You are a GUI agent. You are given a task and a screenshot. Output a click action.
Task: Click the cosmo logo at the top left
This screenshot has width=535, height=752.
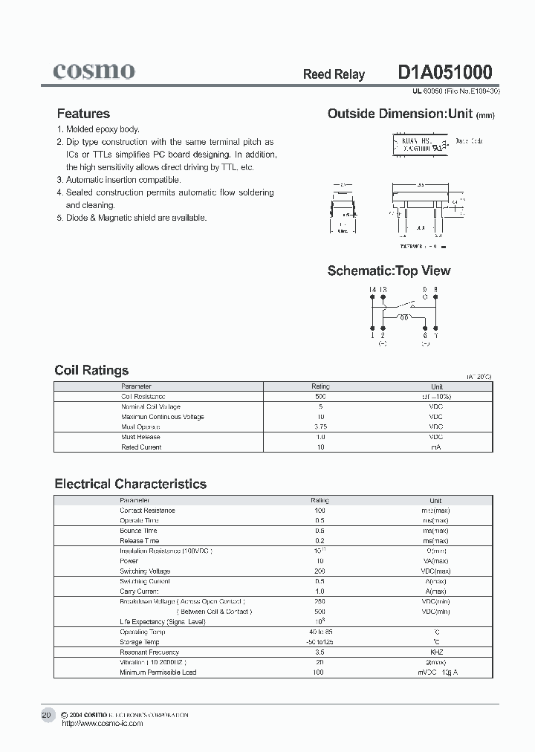94,71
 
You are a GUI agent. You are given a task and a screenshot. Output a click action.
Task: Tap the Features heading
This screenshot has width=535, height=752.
83,114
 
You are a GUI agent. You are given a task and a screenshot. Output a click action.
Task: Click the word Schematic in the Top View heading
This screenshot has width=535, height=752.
360,270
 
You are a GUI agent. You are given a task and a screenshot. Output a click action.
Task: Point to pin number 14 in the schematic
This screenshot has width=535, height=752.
372,289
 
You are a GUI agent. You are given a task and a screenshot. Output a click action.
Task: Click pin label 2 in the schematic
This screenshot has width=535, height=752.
383,336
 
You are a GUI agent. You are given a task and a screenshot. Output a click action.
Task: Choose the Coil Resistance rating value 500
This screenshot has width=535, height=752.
320,397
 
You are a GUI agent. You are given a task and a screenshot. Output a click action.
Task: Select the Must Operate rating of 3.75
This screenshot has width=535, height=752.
320,427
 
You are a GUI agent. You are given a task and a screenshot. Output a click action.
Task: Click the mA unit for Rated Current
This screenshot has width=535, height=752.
436,447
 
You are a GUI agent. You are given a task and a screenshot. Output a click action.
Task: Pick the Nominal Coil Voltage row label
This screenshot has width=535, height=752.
151,407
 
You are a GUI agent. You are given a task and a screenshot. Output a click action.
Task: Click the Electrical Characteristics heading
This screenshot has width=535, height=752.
131,484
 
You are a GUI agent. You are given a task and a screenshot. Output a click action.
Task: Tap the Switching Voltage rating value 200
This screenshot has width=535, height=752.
320,571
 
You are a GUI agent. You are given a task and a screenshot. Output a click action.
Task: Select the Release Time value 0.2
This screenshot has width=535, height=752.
320,541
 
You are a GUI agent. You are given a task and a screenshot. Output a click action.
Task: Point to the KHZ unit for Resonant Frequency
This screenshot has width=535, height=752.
436,652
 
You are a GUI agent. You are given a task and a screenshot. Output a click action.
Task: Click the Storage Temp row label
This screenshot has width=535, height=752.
140,642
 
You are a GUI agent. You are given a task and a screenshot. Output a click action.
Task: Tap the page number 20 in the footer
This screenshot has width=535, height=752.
46,715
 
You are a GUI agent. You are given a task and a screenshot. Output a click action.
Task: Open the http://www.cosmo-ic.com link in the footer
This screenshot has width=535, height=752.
102,723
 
